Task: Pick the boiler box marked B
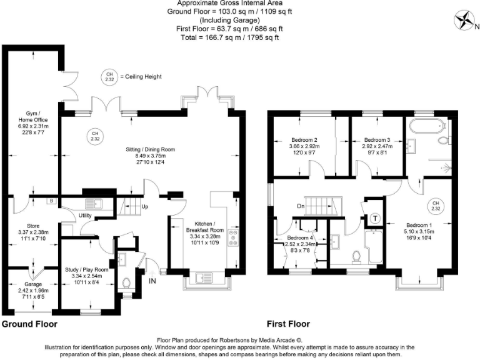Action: click(52, 201)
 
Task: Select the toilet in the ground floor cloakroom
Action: click(127, 282)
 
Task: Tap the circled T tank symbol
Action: click(375, 217)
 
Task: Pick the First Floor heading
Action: click(288, 324)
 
